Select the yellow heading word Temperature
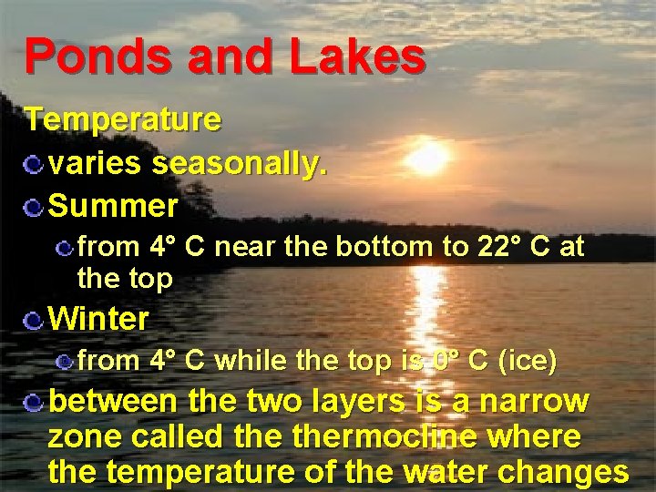coord(123,119)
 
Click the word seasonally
coord(240,164)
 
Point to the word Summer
coord(113,207)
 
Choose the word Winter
coord(98,319)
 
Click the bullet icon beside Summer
coord(34,208)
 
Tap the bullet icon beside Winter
coord(34,320)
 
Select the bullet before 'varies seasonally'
coord(34,165)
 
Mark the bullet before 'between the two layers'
coord(34,403)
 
